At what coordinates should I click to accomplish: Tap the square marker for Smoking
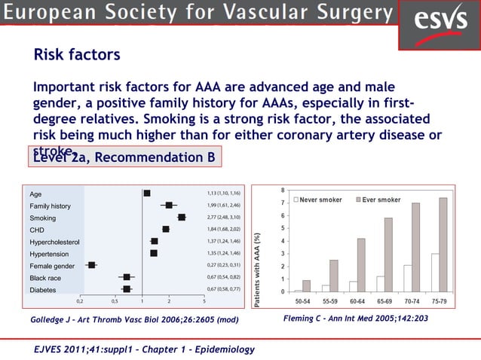182,217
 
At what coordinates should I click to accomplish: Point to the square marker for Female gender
91,265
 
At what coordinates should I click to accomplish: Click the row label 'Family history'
50,206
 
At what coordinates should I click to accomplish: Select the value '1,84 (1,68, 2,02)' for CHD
223,229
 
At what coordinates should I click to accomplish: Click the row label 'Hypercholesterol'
54,242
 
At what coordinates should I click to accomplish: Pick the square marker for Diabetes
127,289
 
